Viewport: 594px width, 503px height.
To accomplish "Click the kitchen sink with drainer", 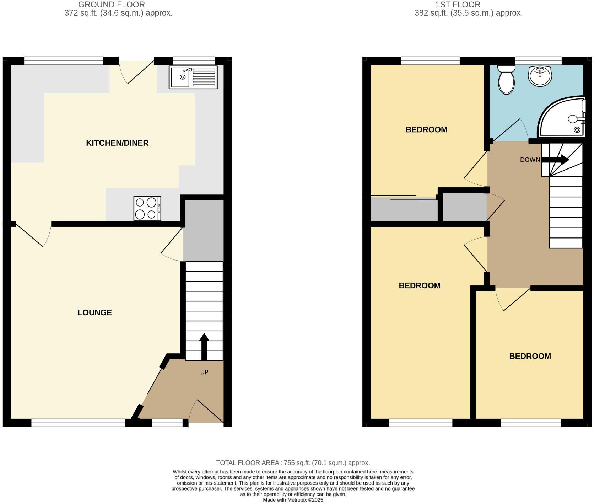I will tap(193, 77).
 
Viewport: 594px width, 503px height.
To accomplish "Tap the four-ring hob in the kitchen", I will tap(147, 208).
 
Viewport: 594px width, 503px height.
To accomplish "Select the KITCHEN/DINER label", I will tap(117, 143).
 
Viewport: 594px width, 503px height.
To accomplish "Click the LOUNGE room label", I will tap(94, 312).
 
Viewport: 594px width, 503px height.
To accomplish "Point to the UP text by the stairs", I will tap(204, 372).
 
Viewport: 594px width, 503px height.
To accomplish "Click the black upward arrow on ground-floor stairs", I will tap(204, 347).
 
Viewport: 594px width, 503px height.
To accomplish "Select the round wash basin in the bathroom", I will tap(540, 75).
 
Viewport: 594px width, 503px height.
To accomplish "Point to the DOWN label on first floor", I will tap(530, 160).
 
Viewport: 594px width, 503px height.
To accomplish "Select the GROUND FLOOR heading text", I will tap(111, 5).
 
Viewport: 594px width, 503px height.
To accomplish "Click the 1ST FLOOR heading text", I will tap(458, 5).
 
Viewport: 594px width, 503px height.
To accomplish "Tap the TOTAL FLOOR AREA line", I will tap(293, 463).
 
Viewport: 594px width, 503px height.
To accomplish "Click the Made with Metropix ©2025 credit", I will tap(293, 500).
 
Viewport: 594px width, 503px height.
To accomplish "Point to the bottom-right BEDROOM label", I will tap(530, 356).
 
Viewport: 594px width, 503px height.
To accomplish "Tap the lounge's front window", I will tap(78, 423).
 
